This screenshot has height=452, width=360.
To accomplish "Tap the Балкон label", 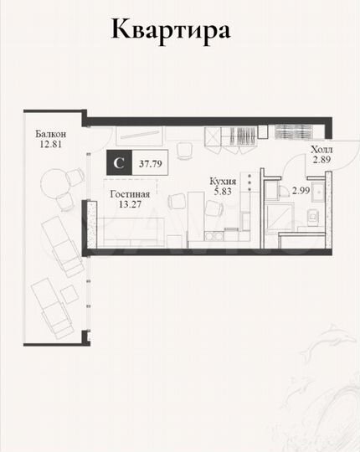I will click(50, 133).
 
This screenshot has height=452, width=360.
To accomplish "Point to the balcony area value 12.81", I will click(50, 144).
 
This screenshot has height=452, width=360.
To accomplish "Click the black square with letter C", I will click(119, 164).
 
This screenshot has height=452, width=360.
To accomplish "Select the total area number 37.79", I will click(150, 164).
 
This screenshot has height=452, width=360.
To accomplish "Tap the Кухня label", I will click(223, 181).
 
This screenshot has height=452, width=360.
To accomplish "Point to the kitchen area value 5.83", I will click(223, 191).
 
